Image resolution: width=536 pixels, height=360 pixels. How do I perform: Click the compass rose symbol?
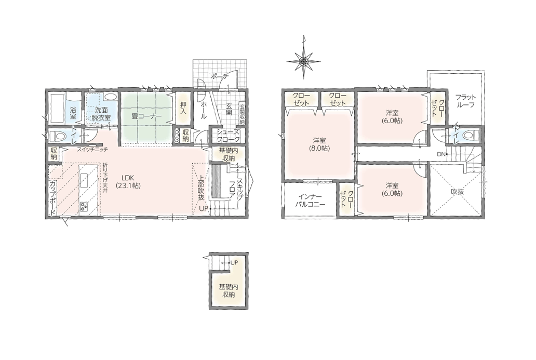click(303, 61)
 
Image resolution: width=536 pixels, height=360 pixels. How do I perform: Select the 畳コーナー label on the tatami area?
click(146, 116)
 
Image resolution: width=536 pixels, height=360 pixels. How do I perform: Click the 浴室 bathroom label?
click(73, 113)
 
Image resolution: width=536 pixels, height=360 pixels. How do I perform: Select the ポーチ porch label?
click(220, 76)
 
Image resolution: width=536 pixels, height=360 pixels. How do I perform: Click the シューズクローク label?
click(229, 136)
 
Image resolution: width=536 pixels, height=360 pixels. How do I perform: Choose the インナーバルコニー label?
click(310, 201)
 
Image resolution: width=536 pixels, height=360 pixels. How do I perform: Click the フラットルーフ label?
click(465, 101)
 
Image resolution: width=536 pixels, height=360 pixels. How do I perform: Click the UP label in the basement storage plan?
click(234, 262)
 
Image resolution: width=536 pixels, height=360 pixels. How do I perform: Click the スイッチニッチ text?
click(92, 149)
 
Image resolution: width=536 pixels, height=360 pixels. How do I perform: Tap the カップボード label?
click(53, 198)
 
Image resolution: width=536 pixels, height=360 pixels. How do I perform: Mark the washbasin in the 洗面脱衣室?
click(110, 97)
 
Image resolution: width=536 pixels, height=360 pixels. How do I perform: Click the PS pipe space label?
click(177, 136)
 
